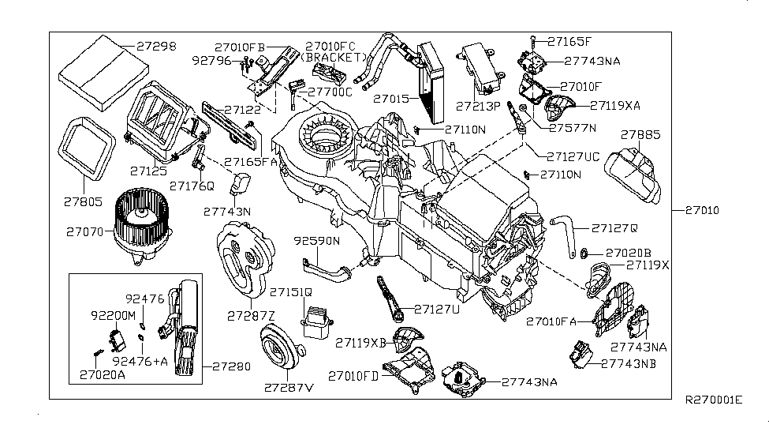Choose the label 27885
(644, 134)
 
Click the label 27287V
(289, 388)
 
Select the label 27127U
(440, 309)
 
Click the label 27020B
(630, 254)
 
